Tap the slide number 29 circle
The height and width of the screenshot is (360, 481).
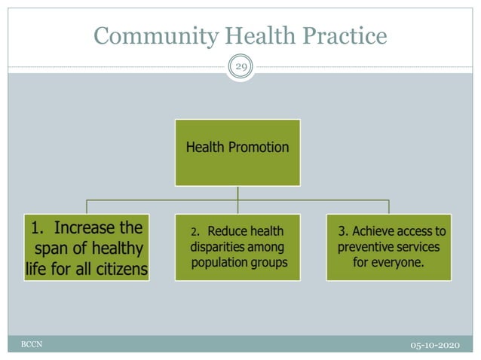coord(240,67)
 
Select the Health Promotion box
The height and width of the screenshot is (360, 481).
coord(237,152)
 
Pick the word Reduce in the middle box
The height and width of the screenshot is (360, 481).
coord(227,230)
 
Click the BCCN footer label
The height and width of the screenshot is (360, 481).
coord(31,343)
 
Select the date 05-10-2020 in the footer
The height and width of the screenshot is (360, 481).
coord(435,344)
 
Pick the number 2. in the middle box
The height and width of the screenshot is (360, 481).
coord(195,231)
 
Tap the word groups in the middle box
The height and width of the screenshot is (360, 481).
coord(268,263)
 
